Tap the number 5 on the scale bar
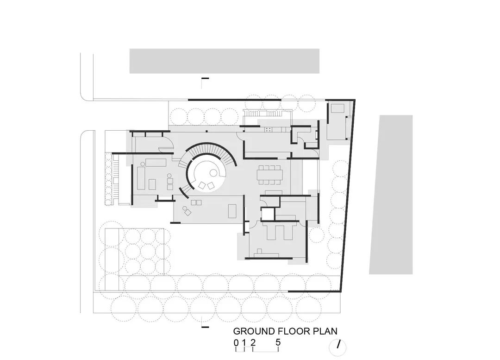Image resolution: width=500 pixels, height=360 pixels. (278, 343)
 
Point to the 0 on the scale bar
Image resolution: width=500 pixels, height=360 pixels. (236, 343)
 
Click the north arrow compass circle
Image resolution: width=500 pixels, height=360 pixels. (338, 345)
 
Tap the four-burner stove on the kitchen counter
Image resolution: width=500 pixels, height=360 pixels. (268, 130)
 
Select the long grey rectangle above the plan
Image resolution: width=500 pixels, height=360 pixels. (224, 61)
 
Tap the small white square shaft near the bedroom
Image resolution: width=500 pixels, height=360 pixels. (268, 214)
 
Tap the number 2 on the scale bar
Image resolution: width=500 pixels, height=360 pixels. (253, 343)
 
